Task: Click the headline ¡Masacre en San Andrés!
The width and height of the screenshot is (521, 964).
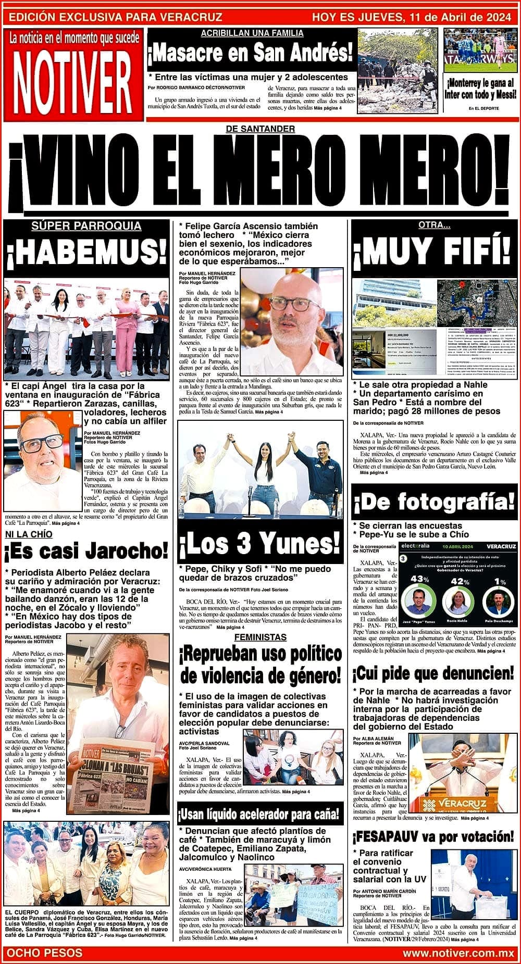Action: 251,53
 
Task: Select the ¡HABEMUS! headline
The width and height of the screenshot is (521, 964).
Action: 86,254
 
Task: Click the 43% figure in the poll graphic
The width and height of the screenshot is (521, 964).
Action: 419,579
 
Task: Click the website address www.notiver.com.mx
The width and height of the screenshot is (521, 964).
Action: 458,953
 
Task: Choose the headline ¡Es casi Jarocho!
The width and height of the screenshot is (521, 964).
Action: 86,550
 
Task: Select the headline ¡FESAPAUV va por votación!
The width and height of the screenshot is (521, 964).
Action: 433,837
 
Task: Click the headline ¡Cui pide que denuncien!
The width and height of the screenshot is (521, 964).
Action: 433,673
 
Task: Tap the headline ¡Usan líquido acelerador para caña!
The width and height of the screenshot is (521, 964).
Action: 259,813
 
